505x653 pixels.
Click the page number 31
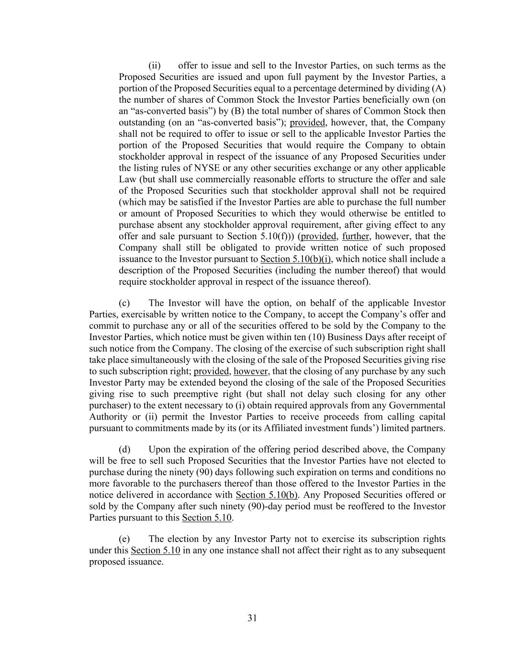pos(252,618)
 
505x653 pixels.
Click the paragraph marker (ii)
pos(155,66)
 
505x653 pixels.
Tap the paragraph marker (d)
pos(124,449)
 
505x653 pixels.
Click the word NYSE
pos(180,168)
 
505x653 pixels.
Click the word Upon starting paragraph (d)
pos(159,449)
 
